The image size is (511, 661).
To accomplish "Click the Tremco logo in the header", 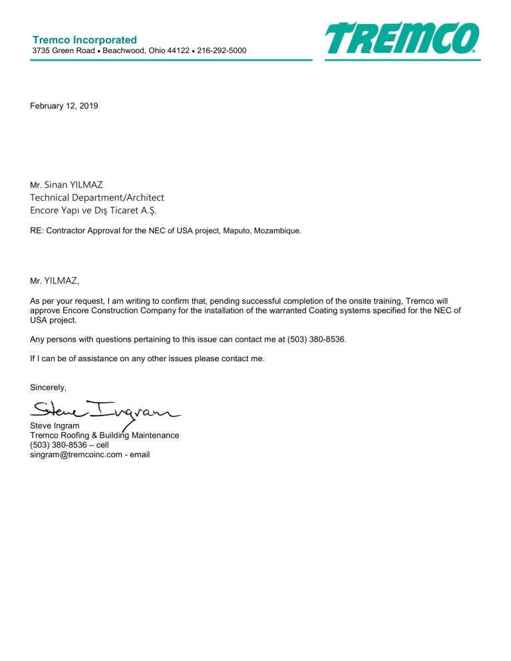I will click(x=402, y=39).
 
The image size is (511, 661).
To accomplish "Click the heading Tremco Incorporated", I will click(x=85, y=40).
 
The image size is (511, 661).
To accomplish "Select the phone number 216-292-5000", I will click(x=218, y=51).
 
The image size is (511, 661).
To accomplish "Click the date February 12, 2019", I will click(x=65, y=106).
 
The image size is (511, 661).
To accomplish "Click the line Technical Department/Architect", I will click(x=97, y=198).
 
